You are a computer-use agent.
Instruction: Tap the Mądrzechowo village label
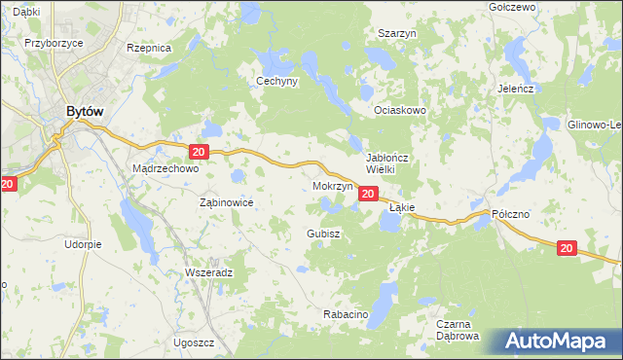point(165,168)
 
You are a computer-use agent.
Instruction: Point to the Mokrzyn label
point(332,185)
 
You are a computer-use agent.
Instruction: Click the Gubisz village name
point(322,234)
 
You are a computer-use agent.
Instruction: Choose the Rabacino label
point(344,315)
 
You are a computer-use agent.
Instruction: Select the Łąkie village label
point(402,208)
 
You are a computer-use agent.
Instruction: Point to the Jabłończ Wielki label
point(393,162)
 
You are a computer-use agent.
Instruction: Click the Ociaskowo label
point(401,111)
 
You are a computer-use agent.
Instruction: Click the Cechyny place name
point(276,82)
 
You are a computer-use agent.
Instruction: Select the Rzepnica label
point(149,47)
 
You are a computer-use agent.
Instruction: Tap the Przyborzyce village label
point(52,44)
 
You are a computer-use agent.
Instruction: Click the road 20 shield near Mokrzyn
point(367,195)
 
